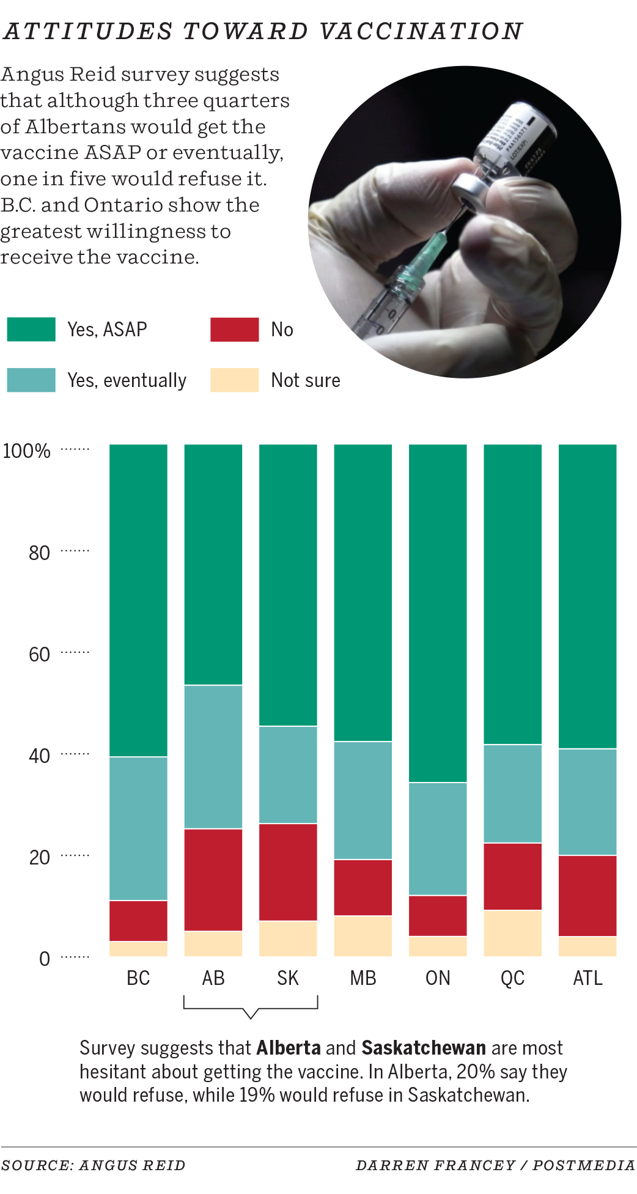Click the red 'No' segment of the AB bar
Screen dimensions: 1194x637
213,879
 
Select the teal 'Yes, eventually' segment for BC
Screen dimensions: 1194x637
138,828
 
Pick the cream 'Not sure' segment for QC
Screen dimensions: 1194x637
512,933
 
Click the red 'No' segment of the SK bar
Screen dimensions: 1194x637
288,872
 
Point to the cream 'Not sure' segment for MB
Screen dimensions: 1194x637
363,935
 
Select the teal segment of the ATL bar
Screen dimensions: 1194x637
587,802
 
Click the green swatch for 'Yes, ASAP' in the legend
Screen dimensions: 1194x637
31,330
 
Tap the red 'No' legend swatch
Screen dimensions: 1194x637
234,330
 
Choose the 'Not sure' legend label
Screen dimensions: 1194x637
306,380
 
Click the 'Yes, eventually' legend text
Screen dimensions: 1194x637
127,380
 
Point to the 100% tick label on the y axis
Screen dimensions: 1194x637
26,451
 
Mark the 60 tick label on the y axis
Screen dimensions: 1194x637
39,655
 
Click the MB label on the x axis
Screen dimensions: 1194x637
363,978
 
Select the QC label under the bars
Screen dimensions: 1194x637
512,978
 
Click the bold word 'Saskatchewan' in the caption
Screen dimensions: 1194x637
424,1048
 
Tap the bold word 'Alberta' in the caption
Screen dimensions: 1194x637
289,1048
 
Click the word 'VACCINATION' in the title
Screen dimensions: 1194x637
421,31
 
